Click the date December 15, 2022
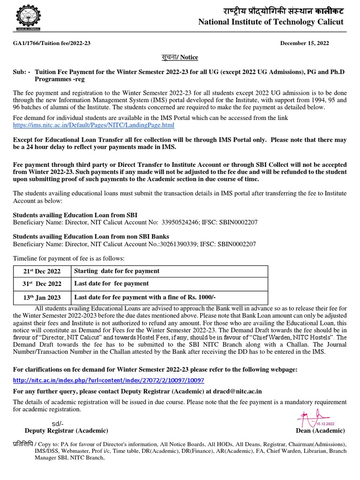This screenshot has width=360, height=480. [x=304, y=43]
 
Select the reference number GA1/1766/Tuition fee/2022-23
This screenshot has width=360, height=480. [x=52, y=43]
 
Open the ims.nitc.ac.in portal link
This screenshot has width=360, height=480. [x=93, y=125]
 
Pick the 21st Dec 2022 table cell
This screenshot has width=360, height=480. [x=42, y=271]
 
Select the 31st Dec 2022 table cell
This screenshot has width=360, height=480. [x=42, y=284]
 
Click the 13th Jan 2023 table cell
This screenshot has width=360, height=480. [x=42, y=298]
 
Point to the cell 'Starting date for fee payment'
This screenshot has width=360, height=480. [x=117, y=271]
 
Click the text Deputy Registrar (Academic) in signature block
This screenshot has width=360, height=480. [x=66, y=430]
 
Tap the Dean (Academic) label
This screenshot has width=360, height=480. [x=320, y=431]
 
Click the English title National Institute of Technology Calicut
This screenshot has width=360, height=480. [x=271, y=22]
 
